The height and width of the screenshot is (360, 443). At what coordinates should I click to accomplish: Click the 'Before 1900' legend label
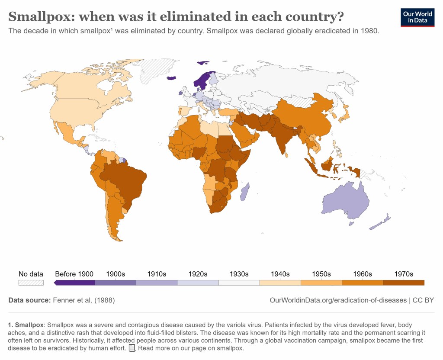pyautogui.click(x=74, y=274)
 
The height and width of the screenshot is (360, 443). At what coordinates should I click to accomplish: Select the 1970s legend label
pyautogui.click(x=403, y=274)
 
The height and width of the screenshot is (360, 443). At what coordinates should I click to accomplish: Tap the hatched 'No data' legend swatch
pyautogui.click(x=31, y=283)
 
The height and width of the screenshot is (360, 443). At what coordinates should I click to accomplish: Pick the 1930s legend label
pyautogui.click(x=239, y=274)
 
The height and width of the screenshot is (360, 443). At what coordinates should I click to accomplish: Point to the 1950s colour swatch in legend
pyautogui.click(x=321, y=283)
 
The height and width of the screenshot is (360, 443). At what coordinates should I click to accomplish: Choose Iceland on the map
pyautogui.click(x=172, y=78)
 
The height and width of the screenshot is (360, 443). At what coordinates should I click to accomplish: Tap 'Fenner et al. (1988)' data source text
pyautogui.click(x=84, y=300)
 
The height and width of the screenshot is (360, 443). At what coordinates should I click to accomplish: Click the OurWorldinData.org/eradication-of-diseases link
pyautogui.click(x=338, y=300)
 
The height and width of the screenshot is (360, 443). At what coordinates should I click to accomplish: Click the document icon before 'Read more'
pyautogui.click(x=132, y=348)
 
